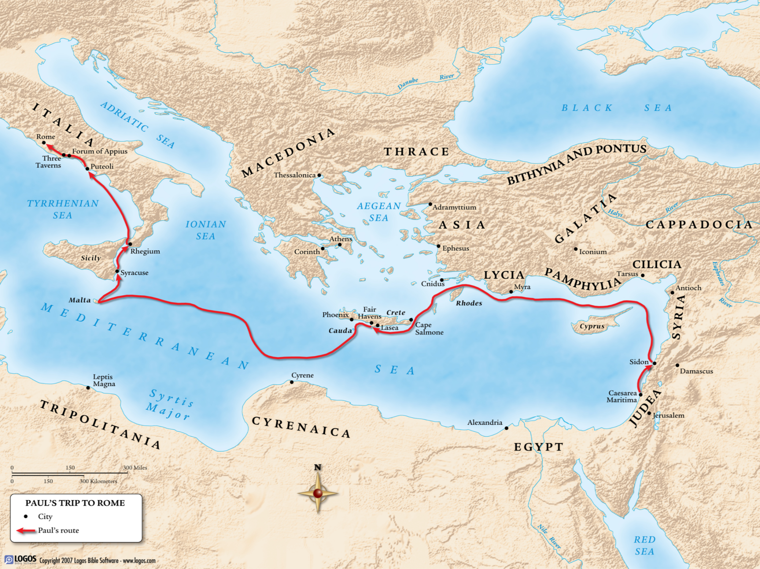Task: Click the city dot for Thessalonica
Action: [x=319, y=175]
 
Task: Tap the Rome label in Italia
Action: [x=46, y=137]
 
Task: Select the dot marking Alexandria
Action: [x=506, y=428]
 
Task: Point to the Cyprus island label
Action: [x=592, y=326]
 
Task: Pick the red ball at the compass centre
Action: [x=318, y=493]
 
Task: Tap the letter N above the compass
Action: [x=318, y=467]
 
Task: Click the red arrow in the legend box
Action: [x=26, y=530]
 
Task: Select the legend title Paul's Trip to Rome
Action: [x=75, y=503]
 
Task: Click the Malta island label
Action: [x=80, y=300]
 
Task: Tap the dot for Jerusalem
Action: [x=649, y=413]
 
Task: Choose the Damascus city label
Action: [x=696, y=371]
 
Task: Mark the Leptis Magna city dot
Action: [x=88, y=388]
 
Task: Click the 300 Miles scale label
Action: [x=135, y=468]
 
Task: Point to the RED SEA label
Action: [x=644, y=545]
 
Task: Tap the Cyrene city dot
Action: [x=292, y=382]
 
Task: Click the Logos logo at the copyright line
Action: [x=20, y=560]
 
